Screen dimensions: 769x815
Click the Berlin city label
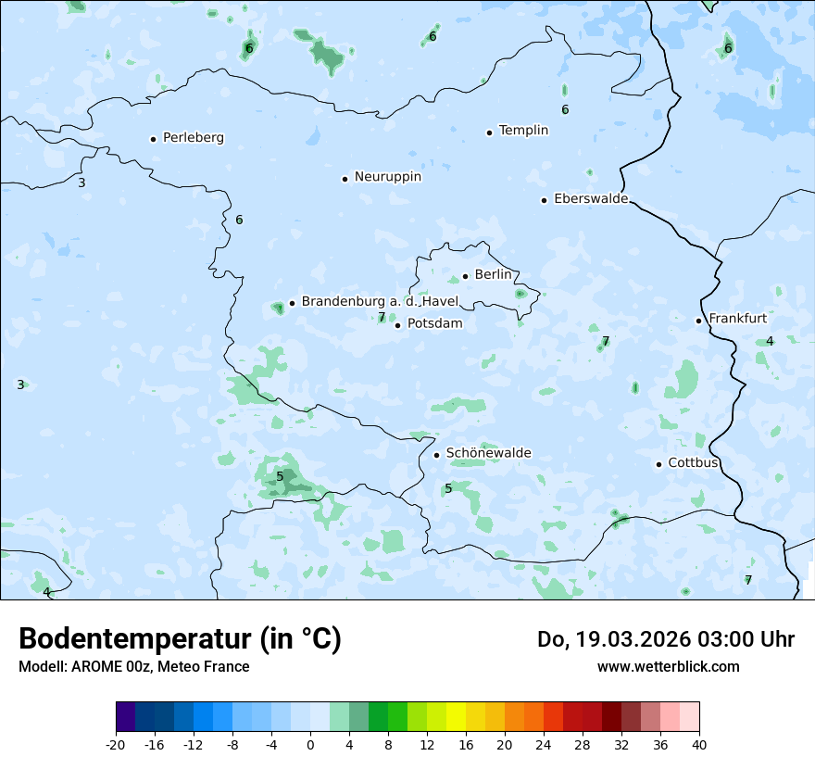click(x=493, y=275)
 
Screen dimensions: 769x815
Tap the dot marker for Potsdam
click(x=397, y=325)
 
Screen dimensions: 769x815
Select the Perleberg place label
click(x=193, y=138)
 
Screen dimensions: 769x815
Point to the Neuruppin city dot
click(x=345, y=179)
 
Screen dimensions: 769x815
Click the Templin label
click(x=523, y=131)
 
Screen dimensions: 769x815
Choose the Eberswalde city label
click(x=591, y=199)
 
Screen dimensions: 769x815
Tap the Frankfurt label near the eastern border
click(x=737, y=319)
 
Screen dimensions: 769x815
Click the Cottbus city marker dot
click(x=658, y=464)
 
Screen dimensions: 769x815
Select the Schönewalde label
click(x=488, y=453)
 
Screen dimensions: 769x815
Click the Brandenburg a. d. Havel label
click(x=380, y=302)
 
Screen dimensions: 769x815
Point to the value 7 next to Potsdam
click(x=382, y=317)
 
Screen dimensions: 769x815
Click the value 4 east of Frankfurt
click(x=770, y=341)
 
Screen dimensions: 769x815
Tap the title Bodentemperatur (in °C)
click(x=180, y=639)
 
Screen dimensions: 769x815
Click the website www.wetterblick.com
click(x=668, y=667)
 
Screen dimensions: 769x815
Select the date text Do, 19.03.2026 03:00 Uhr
click(x=665, y=639)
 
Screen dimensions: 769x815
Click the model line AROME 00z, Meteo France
click(x=134, y=667)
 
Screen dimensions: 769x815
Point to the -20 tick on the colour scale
click(x=116, y=745)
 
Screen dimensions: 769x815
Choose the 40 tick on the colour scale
click(x=698, y=745)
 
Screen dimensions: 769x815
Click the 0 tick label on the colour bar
click(x=310, y=745)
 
